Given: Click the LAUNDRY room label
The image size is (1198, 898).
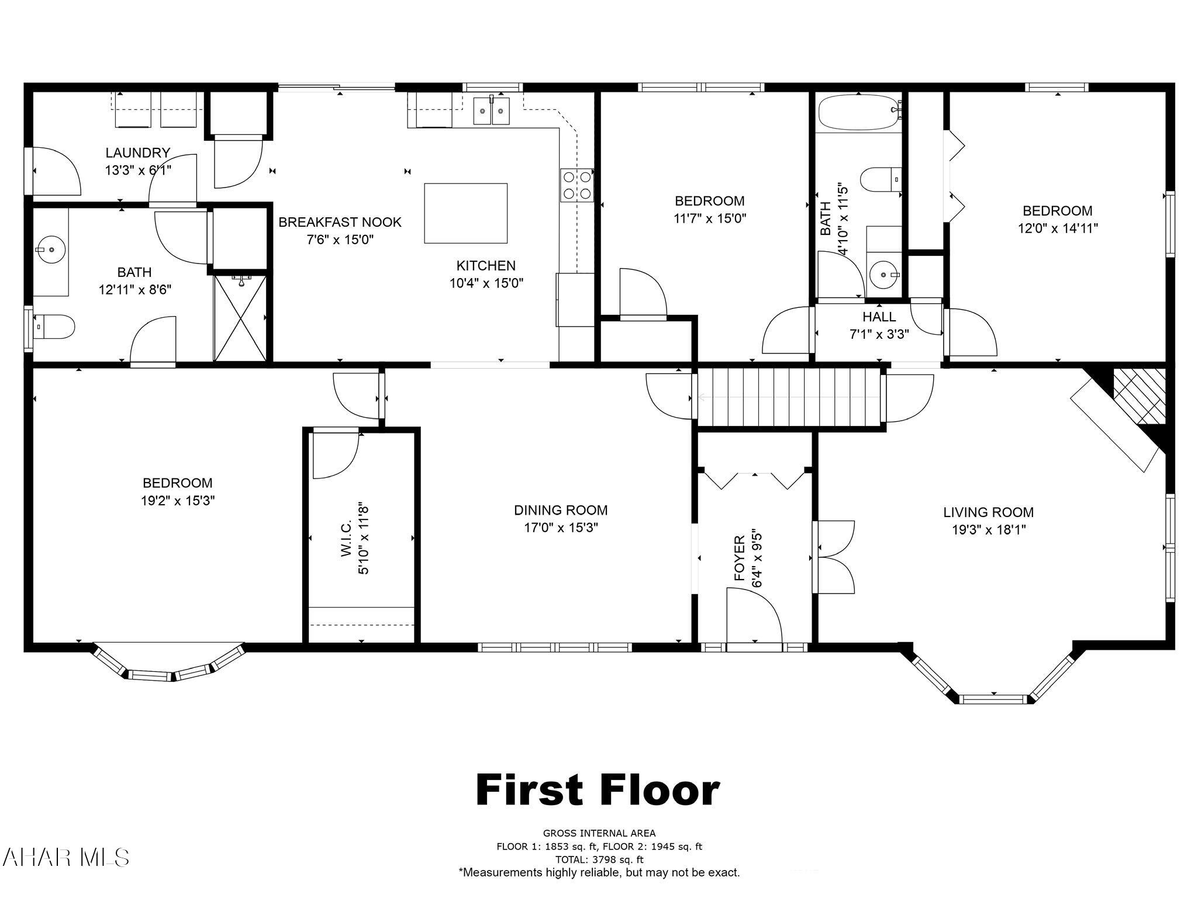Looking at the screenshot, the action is [138, 153].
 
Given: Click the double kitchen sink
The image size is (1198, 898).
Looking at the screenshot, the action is [492, 110].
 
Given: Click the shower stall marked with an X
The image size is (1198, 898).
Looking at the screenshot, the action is [240, 317].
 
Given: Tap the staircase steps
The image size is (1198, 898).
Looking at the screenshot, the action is [790, 397].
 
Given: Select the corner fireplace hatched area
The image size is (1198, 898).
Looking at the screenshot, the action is [1139, 396].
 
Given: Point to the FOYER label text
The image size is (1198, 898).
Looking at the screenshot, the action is [740, 558].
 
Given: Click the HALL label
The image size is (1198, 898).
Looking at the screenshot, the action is [879, 317].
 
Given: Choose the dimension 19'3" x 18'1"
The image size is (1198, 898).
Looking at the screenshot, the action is [988, 530].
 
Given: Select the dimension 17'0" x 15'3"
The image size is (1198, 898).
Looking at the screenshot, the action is [561, 528].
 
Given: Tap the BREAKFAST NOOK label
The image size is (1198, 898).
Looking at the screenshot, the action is [340, 222].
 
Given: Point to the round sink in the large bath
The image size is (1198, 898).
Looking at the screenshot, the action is [51, 249].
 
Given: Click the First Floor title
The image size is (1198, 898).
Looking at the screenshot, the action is [598, 790].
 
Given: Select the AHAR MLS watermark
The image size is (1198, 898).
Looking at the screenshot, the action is [65, 858].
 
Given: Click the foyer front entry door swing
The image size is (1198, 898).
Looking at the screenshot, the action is [754, 616].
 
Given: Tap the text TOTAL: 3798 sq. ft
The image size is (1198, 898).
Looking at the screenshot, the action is [599, 859].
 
